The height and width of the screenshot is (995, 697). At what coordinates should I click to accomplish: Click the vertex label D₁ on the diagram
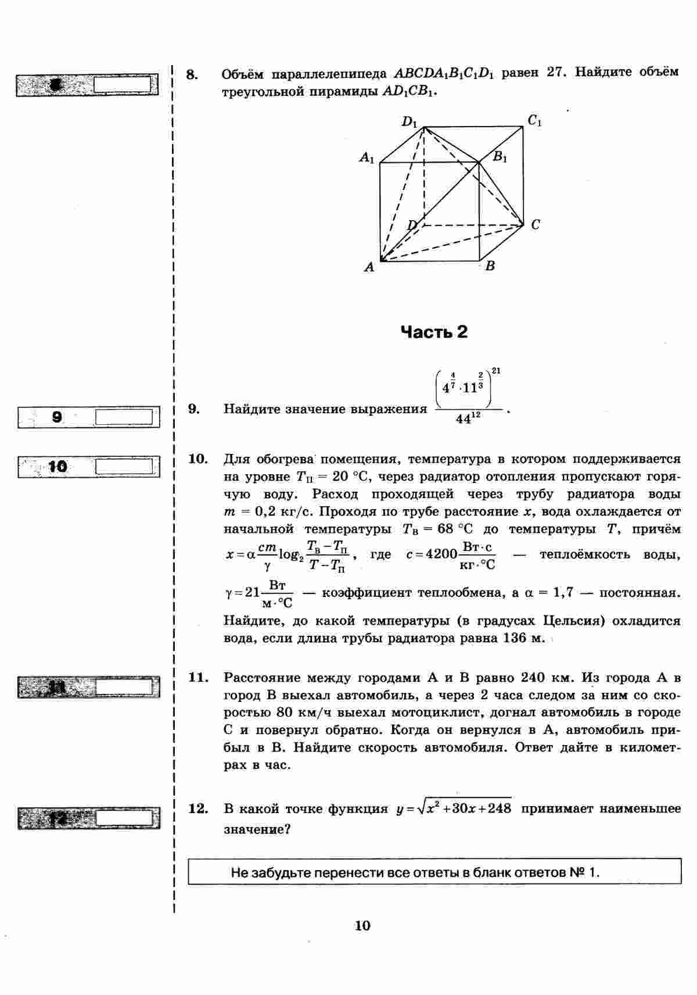(409, 122)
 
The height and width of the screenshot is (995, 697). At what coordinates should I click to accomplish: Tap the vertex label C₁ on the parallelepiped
(535, 121)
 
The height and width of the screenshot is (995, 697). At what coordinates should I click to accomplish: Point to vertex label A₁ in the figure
(367, 158)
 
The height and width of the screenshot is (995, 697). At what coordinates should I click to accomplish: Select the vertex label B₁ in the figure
(500, 157)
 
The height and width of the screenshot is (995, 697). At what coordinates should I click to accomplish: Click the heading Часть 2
(434, 332)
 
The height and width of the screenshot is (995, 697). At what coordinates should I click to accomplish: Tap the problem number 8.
(192, 74)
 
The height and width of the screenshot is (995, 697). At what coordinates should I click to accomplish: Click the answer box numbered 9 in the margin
(123, 417)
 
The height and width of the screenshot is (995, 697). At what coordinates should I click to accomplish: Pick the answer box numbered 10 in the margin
(123, 467)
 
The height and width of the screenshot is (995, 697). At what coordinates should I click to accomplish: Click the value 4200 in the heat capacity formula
(441, 554)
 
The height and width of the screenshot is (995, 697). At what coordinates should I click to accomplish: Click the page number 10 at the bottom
(362, 926)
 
